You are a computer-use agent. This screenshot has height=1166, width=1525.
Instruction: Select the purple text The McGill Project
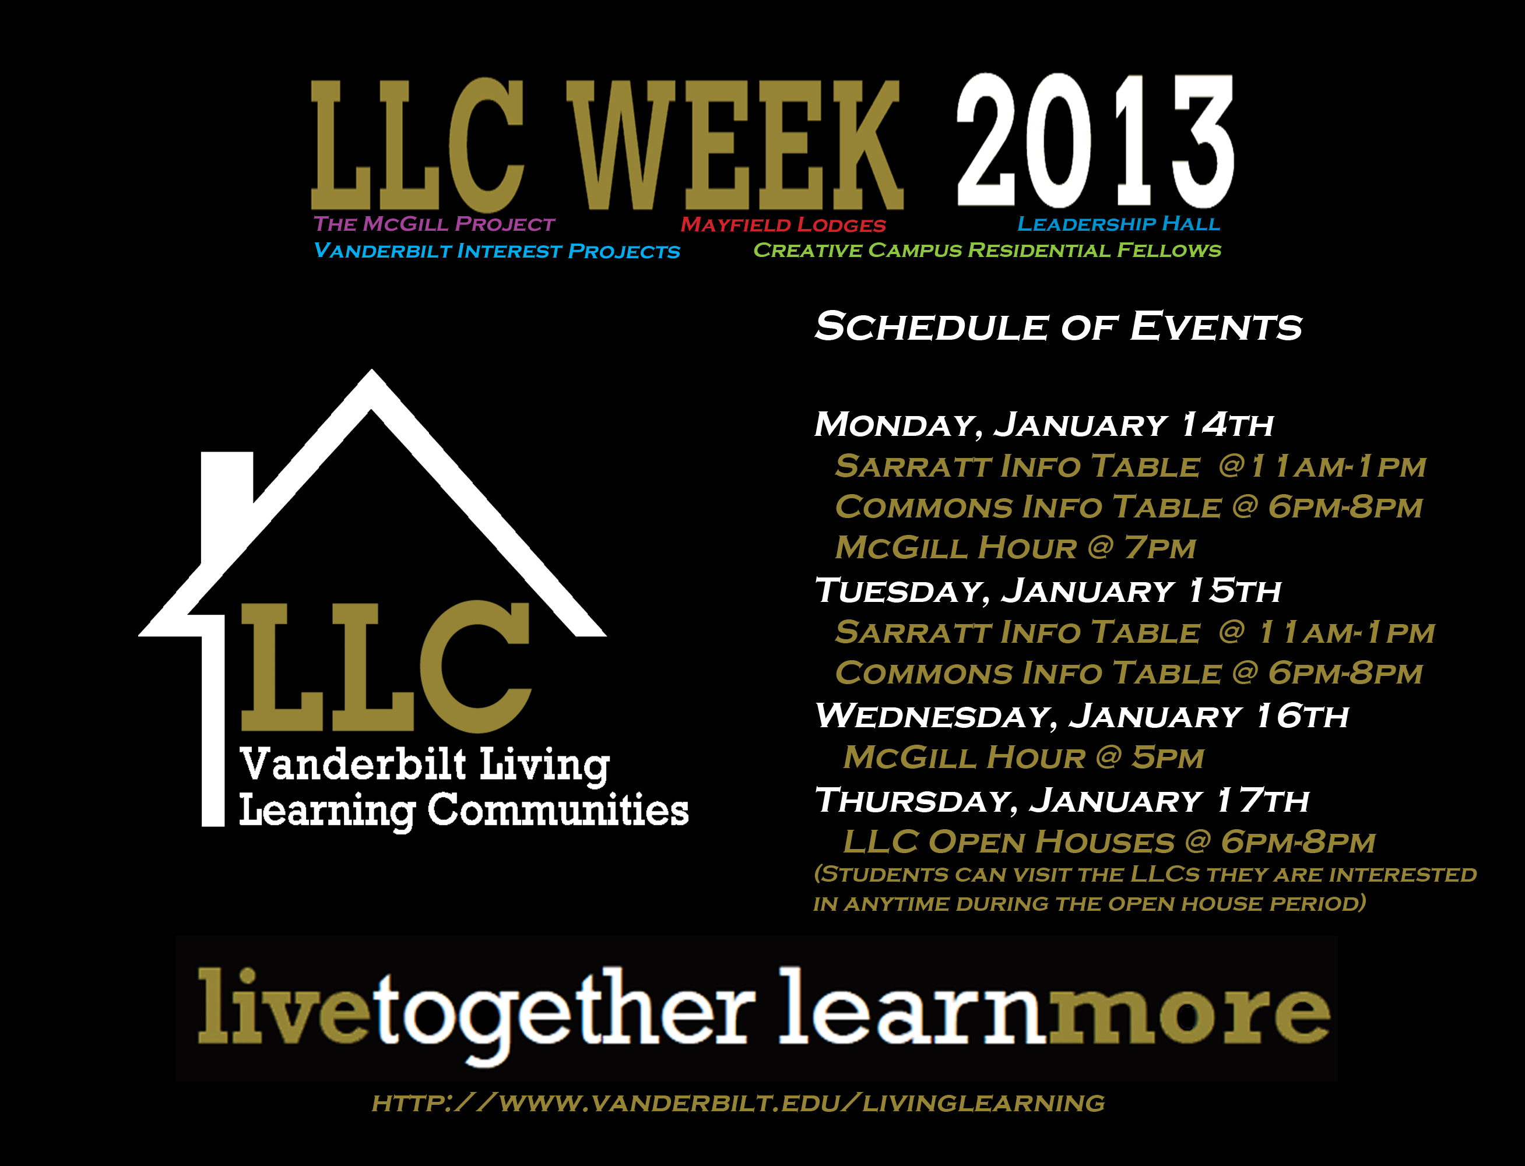click(434, 224)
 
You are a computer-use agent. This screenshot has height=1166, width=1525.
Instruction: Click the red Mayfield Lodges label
click(783, 225)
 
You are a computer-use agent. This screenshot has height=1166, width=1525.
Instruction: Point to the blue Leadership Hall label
click(1119, 224)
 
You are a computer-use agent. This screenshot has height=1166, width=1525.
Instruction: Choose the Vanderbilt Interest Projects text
click(497, 251)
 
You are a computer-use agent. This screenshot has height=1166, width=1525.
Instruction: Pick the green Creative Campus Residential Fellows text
click(988, 250)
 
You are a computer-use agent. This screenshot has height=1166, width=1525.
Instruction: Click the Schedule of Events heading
click(1058, 326)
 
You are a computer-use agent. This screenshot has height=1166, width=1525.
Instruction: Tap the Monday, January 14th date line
click(1043, 425)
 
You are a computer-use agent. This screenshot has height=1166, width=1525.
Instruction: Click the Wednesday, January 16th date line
click(1081, 716)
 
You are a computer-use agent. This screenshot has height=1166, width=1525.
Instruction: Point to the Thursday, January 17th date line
click(1062, 800)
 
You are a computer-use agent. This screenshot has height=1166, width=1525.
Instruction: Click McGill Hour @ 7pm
click(1016, 548)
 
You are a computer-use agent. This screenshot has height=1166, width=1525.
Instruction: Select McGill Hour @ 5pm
click(1024, 757)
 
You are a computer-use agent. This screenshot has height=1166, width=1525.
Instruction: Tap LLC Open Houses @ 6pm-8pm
click(1109, 842)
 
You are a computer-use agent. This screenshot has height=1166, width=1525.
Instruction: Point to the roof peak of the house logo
click(371, 370)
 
